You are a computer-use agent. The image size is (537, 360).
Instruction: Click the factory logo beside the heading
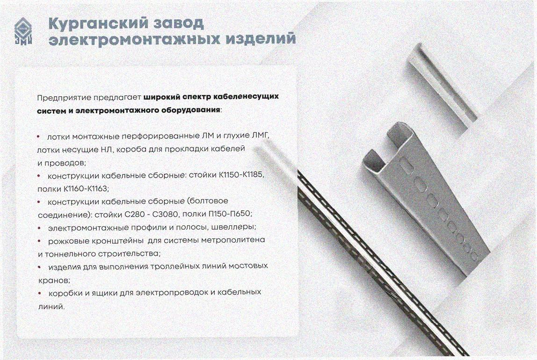23,31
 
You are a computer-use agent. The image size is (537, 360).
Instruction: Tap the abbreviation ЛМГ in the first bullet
260,136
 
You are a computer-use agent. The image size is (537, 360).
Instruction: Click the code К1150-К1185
241,175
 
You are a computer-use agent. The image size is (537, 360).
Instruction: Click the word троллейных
174,266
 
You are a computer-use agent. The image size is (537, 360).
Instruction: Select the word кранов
54,280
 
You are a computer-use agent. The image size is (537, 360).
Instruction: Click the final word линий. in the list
51,306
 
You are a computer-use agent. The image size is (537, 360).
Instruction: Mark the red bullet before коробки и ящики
40,293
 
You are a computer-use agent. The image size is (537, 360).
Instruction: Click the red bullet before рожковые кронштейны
39,241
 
